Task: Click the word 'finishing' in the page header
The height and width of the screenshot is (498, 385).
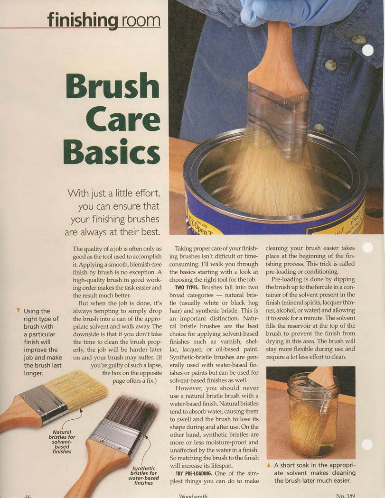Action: pos(82,20)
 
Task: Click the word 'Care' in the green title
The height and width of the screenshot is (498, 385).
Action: pos(122,120)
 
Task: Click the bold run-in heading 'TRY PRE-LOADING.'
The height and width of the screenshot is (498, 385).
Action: pos(194,473)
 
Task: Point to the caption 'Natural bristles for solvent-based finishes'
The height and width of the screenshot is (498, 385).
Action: pos(62,442)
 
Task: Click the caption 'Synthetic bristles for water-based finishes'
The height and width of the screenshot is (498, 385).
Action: pos(144,475)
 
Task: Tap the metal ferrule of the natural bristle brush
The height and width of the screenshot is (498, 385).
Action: pos(43,404)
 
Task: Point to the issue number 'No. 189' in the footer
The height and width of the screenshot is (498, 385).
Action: pos(345,496)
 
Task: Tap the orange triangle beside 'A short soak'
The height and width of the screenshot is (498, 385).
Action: pos(269,465)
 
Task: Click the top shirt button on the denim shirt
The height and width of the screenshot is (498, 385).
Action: pos(358,39)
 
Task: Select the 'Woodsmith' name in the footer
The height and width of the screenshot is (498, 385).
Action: pos(193,496)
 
